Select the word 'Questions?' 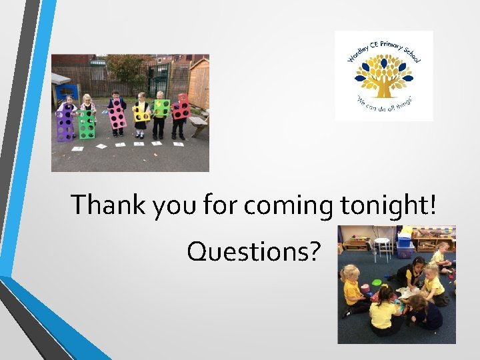(x=254, y=251)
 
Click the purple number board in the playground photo (x=65, y=125)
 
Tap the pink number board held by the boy (x=117, y=115)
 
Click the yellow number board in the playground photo (x=141, y=112)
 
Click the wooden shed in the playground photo (x=199, y=84)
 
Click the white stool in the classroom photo (x=382, y=248)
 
